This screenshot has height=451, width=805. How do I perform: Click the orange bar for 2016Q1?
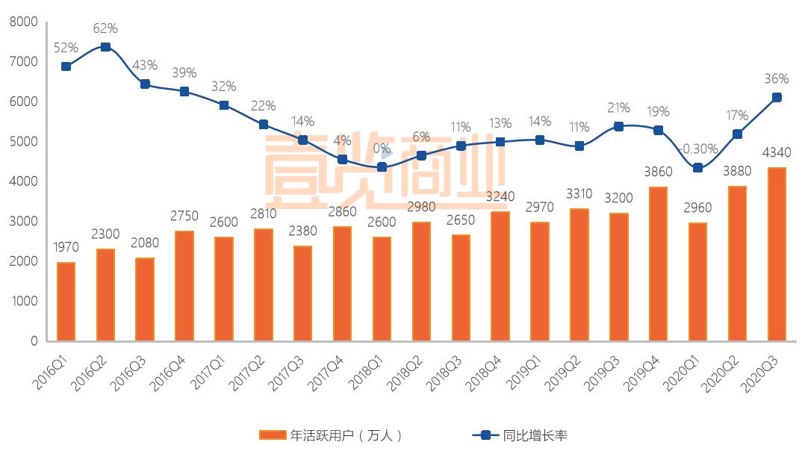coord(66,302)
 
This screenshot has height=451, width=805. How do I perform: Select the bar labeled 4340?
coord(777,254)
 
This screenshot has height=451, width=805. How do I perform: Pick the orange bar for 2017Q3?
coord(302,293)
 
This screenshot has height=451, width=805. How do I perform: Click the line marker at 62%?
coord(105,47)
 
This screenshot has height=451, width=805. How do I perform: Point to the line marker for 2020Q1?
coord(697,168)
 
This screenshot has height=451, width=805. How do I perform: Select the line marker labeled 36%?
coord(777,97)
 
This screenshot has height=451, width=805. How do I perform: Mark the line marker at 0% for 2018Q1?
coord(382,167)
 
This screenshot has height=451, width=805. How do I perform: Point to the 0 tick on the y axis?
coord(34,341)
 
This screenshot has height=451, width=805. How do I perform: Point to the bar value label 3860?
coord(658,172)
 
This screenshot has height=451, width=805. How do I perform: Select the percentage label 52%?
coord(66,48)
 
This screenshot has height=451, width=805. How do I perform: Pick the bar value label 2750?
coord(184,216)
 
